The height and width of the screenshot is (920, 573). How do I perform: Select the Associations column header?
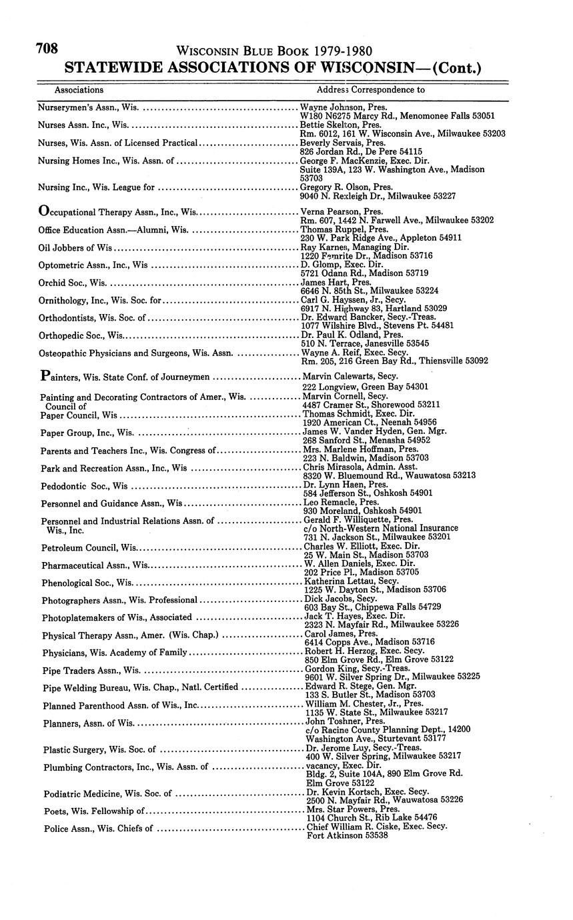pos(79,89)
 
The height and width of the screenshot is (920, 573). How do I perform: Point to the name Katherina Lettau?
pos(339,581)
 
